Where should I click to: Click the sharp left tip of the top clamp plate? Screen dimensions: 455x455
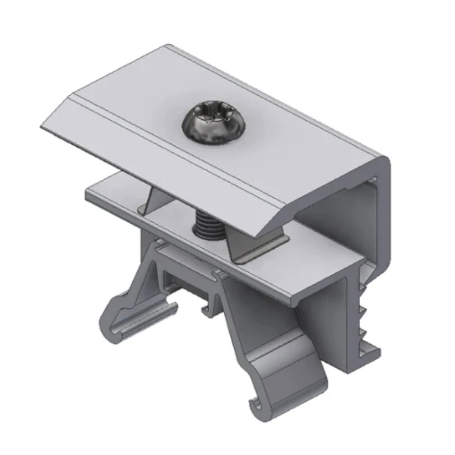point(42,126)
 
